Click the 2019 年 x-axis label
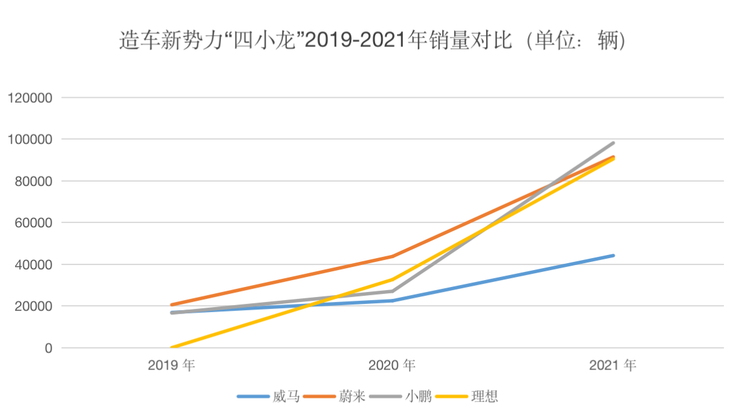[172, 365]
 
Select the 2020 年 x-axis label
[392, 365]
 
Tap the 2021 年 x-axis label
[613, 365]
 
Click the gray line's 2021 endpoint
[613, 143]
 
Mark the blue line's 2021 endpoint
[613, 256]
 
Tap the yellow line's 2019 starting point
[172, 347]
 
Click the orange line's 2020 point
[392, 256]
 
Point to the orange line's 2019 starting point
[172, 305]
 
